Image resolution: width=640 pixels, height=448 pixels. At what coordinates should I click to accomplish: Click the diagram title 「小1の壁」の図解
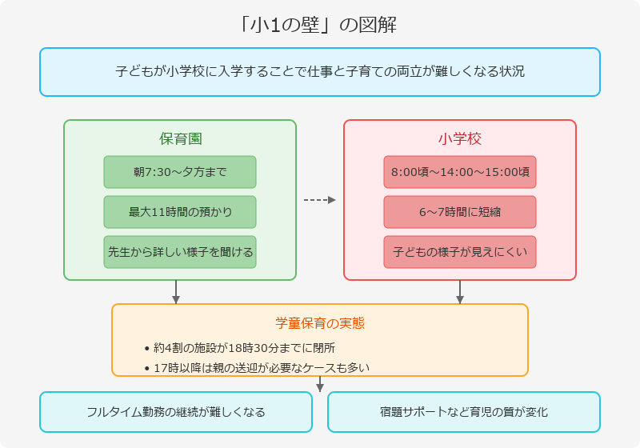point(320,25)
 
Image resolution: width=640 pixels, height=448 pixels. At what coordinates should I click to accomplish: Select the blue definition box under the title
point(320,72)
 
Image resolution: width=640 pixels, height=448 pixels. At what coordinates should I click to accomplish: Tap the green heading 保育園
point(180,138)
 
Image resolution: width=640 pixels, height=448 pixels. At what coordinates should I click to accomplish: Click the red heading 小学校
point(460,138)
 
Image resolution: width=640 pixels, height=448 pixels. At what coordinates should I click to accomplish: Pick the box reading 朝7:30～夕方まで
point(180,172)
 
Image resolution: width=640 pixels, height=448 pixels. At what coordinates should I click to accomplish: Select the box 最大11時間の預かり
point(180,212)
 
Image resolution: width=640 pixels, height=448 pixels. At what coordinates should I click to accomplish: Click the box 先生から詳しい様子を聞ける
point(180,252)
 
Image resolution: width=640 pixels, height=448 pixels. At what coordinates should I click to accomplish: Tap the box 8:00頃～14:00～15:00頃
point(460,172)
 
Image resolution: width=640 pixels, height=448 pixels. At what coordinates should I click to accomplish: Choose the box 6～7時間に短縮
point(460,212)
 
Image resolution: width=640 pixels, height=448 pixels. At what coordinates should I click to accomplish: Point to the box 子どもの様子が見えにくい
point(460,252)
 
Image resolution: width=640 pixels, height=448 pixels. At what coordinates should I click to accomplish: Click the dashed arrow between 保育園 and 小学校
point(320,200)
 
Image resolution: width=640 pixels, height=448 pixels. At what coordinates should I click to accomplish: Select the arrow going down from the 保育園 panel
point(176,293)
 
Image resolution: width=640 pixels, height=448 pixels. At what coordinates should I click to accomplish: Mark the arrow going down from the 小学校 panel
point(460,293)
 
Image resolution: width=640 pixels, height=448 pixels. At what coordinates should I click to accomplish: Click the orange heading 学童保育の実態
point(320,323)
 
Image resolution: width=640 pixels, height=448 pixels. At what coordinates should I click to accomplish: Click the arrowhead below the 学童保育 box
point(320,387)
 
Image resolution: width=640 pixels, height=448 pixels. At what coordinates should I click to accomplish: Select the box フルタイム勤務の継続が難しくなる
point(176,412)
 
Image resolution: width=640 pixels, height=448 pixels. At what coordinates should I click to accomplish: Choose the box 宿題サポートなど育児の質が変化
point(464,412)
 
